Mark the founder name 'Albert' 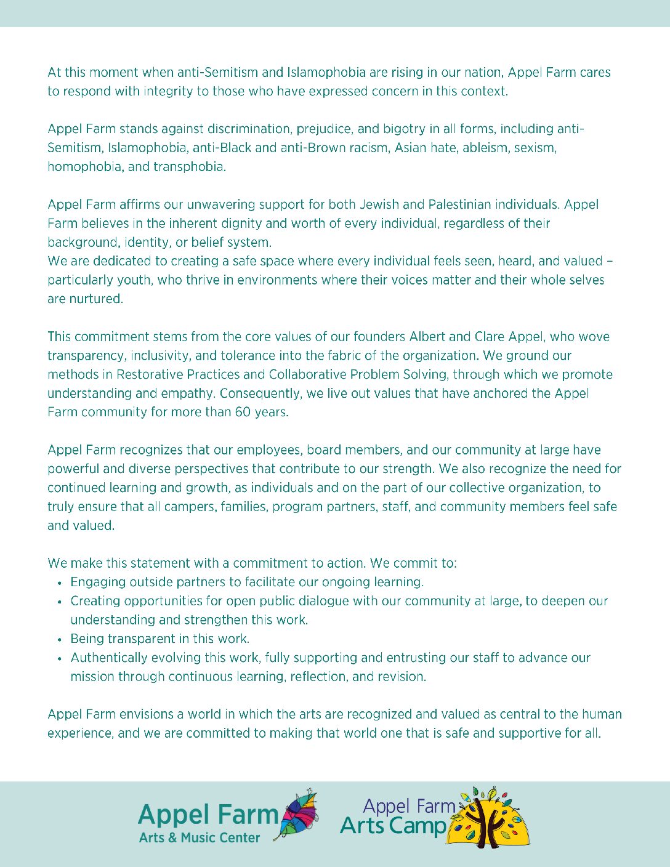tap(427, 337)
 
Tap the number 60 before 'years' tap(243, 412)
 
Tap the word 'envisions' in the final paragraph tap(147, 714)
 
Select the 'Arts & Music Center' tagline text tap(200, 838)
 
